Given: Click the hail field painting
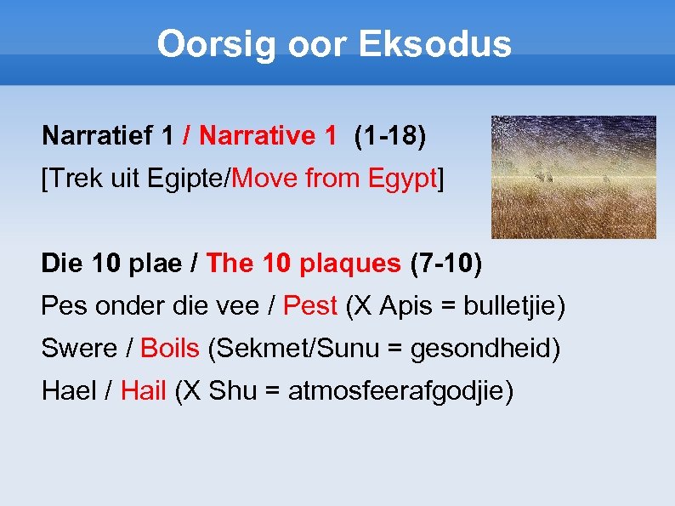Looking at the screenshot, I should point(574,177).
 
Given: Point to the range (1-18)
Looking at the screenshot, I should point(389,135).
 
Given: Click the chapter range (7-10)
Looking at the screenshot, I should point(445,264).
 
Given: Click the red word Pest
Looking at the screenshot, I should point(310,305).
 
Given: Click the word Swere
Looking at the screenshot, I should point(78,348).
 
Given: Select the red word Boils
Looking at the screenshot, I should point(170,348).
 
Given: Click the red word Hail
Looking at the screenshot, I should point(143,391).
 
